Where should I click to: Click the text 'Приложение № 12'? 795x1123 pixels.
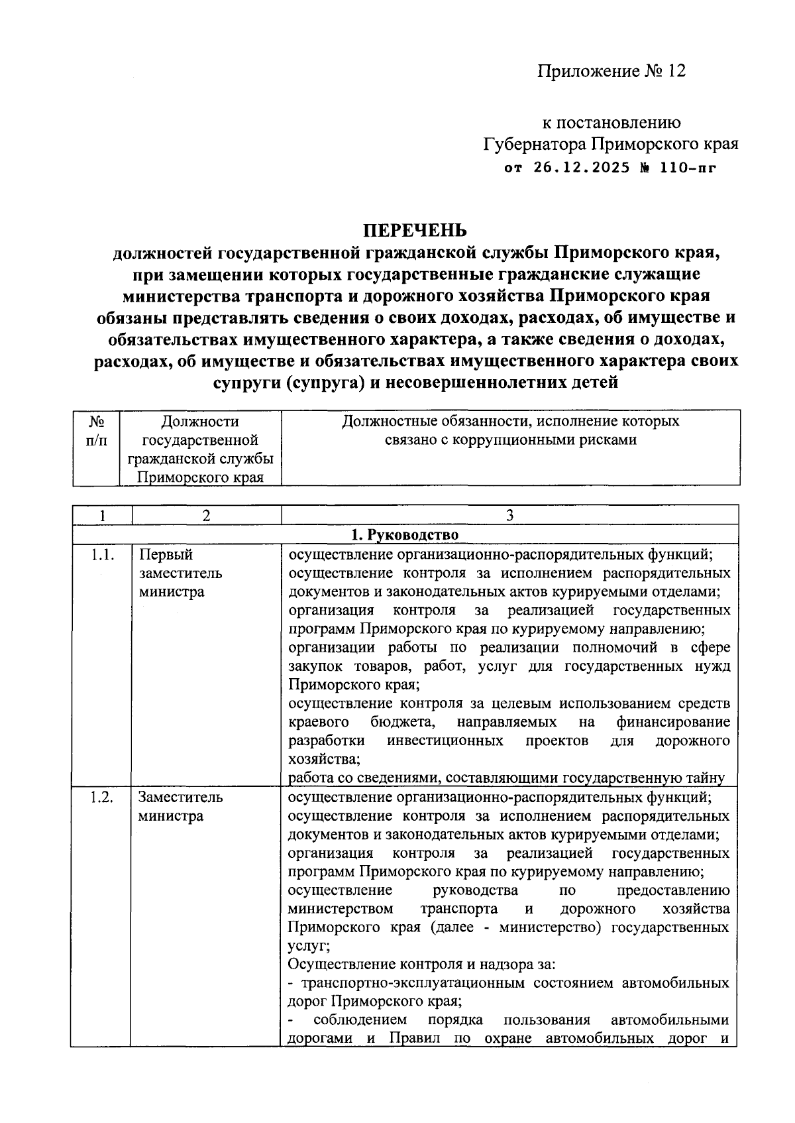click(611, 71)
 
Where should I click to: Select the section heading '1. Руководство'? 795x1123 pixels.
click(404, 534)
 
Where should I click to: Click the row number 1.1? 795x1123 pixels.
click(102, 554)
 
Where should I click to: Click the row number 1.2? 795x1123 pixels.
click(102, 797)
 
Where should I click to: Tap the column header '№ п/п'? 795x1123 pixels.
click(97, 430)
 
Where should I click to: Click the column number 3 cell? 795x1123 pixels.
click(509, 515)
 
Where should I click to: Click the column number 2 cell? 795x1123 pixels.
click(206, 515)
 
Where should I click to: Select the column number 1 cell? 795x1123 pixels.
click(103, 515)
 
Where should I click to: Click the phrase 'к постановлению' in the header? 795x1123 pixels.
click(611, 123)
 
